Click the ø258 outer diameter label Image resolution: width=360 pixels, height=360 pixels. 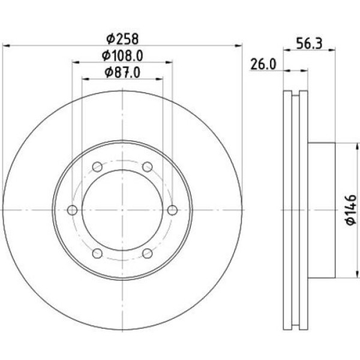pos(122,38)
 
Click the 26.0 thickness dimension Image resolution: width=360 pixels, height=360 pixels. pos(263,64)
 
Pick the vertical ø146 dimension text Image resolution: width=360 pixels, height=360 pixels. pos(351,210)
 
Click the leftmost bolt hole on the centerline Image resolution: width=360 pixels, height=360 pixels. pos(73,210)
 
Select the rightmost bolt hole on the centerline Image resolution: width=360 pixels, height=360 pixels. pos(172,210)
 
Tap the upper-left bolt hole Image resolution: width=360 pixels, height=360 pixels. pos(97,167)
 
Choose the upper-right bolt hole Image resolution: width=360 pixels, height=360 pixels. pos(147,167)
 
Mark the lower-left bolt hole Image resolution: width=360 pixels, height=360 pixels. pos(97,253)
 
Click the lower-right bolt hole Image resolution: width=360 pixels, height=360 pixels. pos(147,253)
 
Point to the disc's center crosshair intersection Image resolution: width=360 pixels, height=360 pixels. pos(122,210)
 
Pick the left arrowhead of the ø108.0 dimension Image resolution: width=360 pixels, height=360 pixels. pos(76,61)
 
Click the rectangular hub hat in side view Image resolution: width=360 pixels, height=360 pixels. pos(321,210)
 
